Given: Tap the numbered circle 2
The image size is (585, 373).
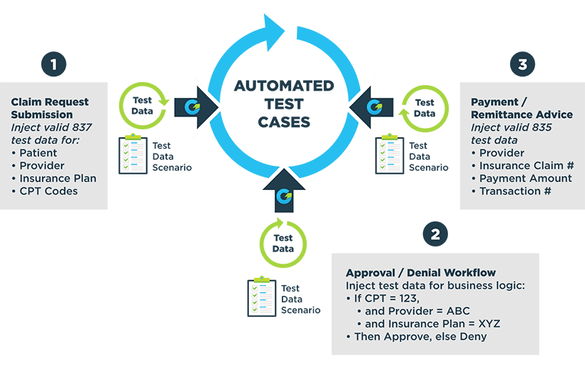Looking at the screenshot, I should [x=435, y=233].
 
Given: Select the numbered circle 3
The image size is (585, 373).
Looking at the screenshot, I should [x=522, y=64].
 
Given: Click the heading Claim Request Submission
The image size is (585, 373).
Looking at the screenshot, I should [x=50, y=107].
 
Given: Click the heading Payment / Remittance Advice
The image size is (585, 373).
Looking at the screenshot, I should [x=522, y=109].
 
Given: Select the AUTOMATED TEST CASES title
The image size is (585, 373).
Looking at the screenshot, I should [x=284, y=104].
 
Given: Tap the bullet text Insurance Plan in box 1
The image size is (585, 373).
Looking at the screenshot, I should [x=58, y=179].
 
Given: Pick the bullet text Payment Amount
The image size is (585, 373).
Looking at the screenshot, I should [x=526, y=178].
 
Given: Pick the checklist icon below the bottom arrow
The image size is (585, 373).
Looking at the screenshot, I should [x=263, y=298].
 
